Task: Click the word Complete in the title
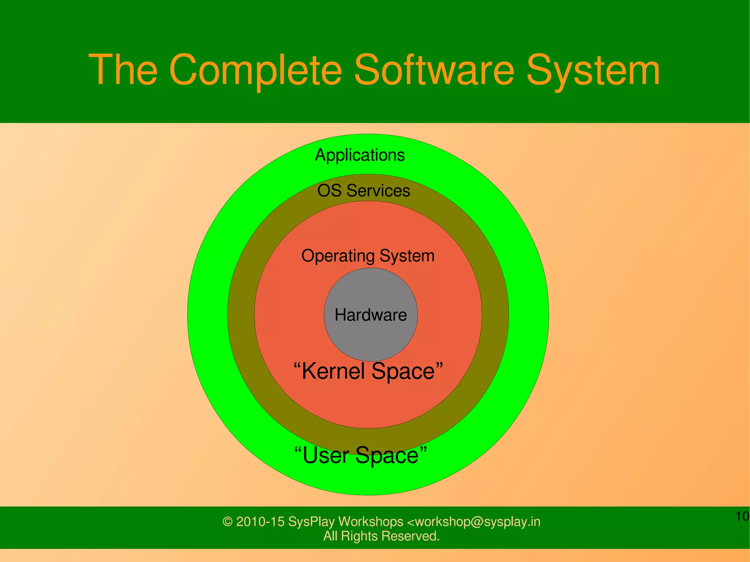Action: [x=256, y=70]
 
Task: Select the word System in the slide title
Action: [x=593, y=70]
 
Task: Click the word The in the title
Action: [x=123, y=70]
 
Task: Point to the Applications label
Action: [x=360, y=155]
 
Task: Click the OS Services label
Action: [x=364, y=190]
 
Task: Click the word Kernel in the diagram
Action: [x=333, y=371]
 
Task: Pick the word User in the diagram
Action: [x=326, y=455]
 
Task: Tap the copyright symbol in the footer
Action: [x=227, y=522]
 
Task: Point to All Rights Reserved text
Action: [x=381, y=536]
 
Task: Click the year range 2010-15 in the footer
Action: [x=260, y=521]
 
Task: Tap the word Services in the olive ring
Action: [x=378, y=190]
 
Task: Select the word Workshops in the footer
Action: [x=371, y=521]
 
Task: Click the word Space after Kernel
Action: [x=403, y=371]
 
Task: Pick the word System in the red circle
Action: [x=407, y=256]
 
